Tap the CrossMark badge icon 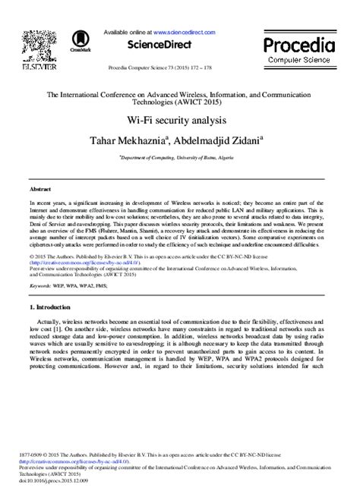[x=80, y=42]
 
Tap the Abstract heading [x=39, y=186]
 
